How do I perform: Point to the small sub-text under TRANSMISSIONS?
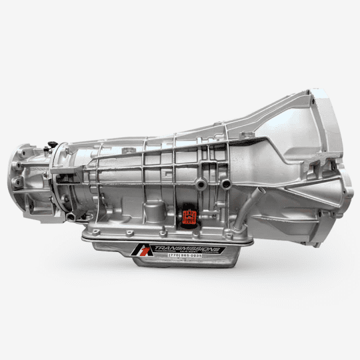[x=189, y=253]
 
